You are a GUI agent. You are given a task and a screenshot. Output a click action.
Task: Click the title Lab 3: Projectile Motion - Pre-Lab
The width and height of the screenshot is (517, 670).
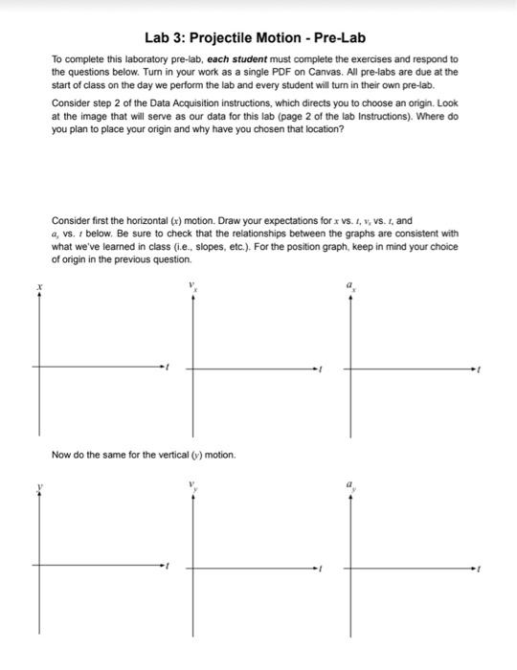258,38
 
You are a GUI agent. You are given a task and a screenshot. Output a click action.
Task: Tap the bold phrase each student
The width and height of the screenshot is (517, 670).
235,58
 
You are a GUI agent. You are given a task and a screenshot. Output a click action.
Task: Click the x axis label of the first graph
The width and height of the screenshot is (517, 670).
39,286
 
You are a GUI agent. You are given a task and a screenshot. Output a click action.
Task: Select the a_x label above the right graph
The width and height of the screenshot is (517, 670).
350,284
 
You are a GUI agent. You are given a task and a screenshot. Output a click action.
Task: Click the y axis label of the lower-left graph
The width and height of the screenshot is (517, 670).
39,487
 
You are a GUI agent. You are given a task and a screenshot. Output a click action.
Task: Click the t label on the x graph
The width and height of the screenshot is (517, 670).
169,367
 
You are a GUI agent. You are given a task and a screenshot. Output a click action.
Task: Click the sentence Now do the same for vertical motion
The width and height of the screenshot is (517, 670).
144,454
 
